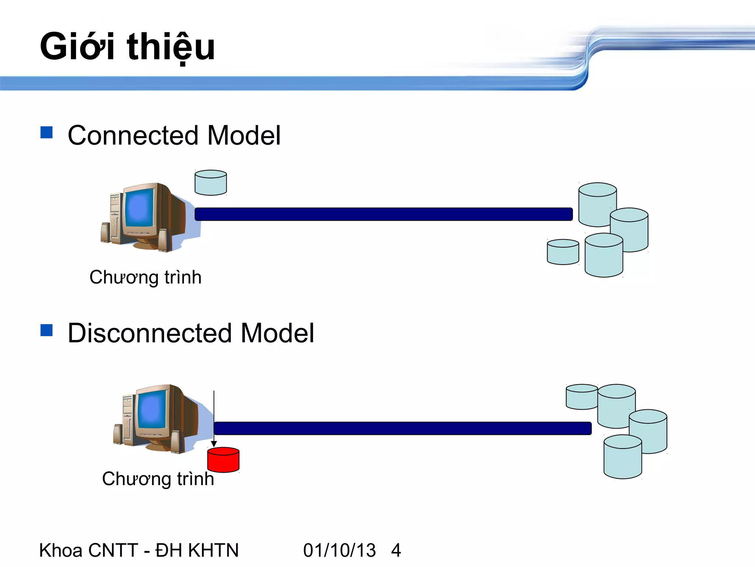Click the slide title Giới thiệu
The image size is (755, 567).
(127, 47)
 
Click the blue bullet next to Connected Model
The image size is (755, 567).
(46, 133)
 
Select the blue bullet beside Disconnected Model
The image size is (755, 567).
(46, 330)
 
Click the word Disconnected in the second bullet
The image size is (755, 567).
(150, 333)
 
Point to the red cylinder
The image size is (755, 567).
(223, 460)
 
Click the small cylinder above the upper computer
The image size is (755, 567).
(211, 183)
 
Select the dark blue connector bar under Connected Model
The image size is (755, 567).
(383, 214)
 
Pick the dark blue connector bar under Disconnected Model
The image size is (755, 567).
(402, 428)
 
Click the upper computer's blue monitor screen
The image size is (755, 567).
(139, 209)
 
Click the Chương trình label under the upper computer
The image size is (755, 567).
(145, 277)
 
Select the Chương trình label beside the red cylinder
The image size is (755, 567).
(158, 479)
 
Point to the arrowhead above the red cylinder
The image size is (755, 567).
(214, 444)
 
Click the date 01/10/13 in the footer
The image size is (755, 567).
(339, 550)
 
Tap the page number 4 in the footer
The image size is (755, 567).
(396, 550)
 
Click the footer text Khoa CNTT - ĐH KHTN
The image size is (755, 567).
(139, 550)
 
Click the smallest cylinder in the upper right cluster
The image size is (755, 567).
(563, 252)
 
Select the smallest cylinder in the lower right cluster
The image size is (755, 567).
(581, 397)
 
